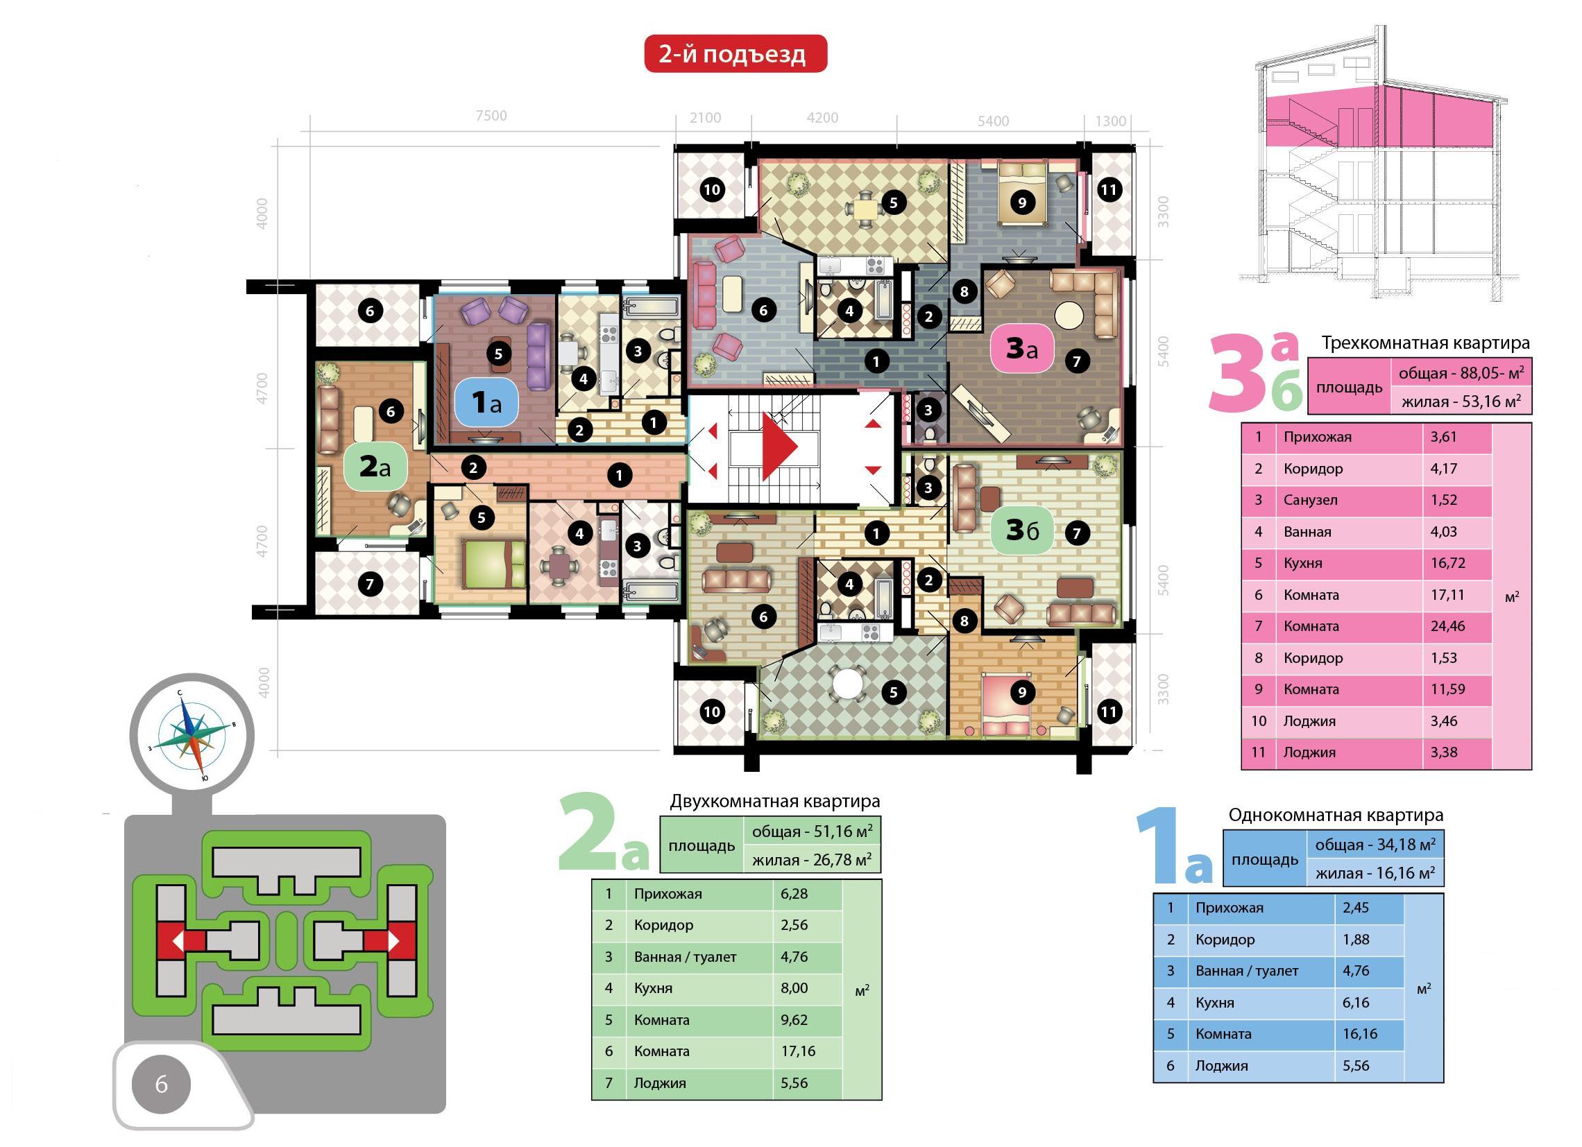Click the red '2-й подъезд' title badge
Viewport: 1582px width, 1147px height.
click(x=735, y=53)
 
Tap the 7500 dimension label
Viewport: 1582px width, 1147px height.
click(x=491, y=116)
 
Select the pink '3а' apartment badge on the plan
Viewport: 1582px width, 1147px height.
click(x=1021, y=350)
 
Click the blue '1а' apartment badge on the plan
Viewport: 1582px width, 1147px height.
click(x=486, y=402)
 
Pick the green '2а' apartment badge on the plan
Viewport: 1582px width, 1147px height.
click(x=375, y=467)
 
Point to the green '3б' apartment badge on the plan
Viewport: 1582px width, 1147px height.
click(x=1022, y=531)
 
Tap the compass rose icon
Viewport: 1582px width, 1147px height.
click(x=192, y=734)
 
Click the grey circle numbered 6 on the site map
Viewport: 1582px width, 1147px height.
click(x=161, y=1085)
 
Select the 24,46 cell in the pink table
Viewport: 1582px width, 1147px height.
click(x=1448, y=626)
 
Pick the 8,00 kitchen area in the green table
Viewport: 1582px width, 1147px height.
click(x=794, y=988)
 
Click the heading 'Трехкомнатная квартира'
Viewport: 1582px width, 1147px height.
click(x=1426, y=343)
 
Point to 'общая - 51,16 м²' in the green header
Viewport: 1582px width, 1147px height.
click(x=812, y=831)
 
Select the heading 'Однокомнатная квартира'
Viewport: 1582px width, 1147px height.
click(x=1336, y=814)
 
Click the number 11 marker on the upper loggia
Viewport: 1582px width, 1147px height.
click(x=1108, y=189)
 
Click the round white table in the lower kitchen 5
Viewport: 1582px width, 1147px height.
click(x=848, y=684)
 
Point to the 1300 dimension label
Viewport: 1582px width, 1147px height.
click(x=1110, y=121)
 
